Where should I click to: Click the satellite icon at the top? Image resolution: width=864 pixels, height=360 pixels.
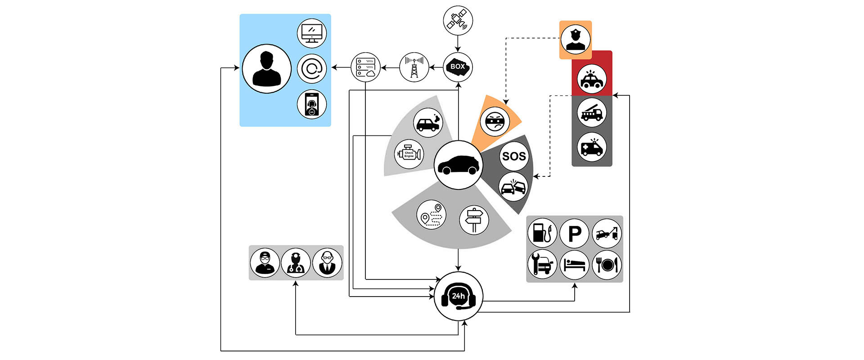[x=458, y=21]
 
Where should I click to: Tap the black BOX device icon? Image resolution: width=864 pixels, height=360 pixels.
[x=458, y=67]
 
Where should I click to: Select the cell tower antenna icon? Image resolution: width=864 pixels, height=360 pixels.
[x=414, y=67]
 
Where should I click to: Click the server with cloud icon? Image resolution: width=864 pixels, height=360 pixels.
[x=365, y=67]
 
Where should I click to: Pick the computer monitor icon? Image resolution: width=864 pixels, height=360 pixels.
[x=311, y=34]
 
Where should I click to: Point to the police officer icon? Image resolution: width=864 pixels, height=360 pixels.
[x=576, y=40]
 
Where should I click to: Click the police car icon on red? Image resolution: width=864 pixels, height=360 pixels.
[x=592, y=79]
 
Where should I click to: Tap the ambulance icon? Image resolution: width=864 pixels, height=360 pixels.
[x=592, y=147]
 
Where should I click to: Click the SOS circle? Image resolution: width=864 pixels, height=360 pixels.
[x=513, y=156]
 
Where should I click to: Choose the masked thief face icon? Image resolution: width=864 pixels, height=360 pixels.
[x=495, y=121]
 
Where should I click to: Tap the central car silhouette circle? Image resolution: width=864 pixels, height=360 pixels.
[x=458, y=165]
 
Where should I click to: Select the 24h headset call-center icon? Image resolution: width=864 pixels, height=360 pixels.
[x=458, y=296]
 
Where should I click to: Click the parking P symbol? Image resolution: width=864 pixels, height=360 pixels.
[x=575, y=234]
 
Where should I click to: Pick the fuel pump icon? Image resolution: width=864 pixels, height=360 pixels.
[x=542, y=234]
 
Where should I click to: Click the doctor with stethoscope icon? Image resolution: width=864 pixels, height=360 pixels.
[x=296, y=263]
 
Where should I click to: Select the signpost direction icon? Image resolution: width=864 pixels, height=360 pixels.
[x=474, y=220]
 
